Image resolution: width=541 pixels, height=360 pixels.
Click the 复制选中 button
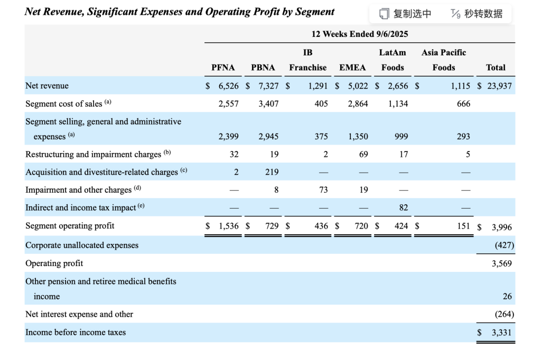pyautogui.click(x=406, y=14)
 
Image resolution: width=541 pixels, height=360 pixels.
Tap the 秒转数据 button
pyautogui.click(x=477, y=14)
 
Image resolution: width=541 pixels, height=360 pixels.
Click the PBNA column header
pyautogui.click(x=263, y=68)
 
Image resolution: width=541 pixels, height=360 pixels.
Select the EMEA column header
pyautogui.click(x=352, y=68)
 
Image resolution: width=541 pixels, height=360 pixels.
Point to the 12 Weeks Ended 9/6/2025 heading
pyautogui.click(x=359, y=34)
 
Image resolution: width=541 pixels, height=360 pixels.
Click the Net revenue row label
pyautogui.click(x=47, y=86)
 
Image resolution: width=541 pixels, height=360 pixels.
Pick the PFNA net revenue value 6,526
pyautogui.click(x=228, y=86)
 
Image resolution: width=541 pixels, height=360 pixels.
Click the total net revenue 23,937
pyautogui.click(x=499, y=86)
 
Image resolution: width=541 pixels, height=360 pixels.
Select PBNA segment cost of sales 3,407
pyautogui.click(x=268, y=103)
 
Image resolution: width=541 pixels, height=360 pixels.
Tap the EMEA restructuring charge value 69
pyautogui.click(x=363, y=154)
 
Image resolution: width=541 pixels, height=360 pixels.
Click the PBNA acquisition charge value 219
pyautogui.click(x=271, y=172)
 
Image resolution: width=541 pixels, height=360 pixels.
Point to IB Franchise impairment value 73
pyautogui.click(x=323, y=190)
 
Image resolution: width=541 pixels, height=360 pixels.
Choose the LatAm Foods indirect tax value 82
pyautogui.click(x=403, y=208)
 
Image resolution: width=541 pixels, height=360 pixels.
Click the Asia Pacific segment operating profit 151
pyautogui.click(x=463, y=226)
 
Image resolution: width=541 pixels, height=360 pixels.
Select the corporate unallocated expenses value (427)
pyautogui.click(x=504, y=245)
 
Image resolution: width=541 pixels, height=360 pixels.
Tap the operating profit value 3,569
pyautogui.click(x=501, y=263)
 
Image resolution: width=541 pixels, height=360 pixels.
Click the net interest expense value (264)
pyautogui.click(x=504, y=314)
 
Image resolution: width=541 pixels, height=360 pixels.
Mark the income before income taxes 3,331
pyautogui.click(x=501, y=333)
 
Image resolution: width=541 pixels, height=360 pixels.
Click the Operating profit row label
pyautogui.click(x=54, y=263)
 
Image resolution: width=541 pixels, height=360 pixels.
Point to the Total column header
pyautogui.click(x=495, y=68)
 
